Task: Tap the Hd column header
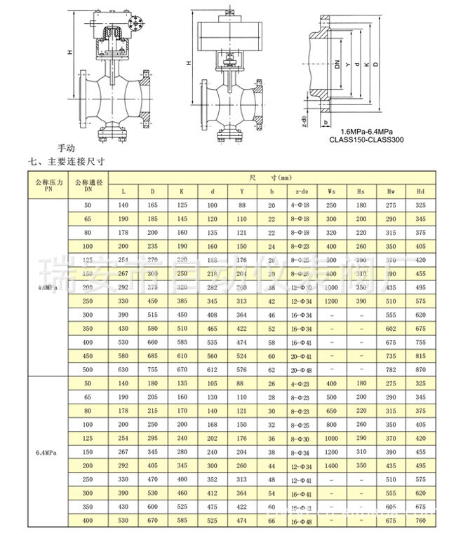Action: tap(420, 191)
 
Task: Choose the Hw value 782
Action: tap(391, 369)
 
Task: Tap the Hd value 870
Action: tap(420, 369)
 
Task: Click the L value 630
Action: tap(123, 369)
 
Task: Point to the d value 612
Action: tap(211, 369)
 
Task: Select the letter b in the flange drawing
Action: tap(326, 121)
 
